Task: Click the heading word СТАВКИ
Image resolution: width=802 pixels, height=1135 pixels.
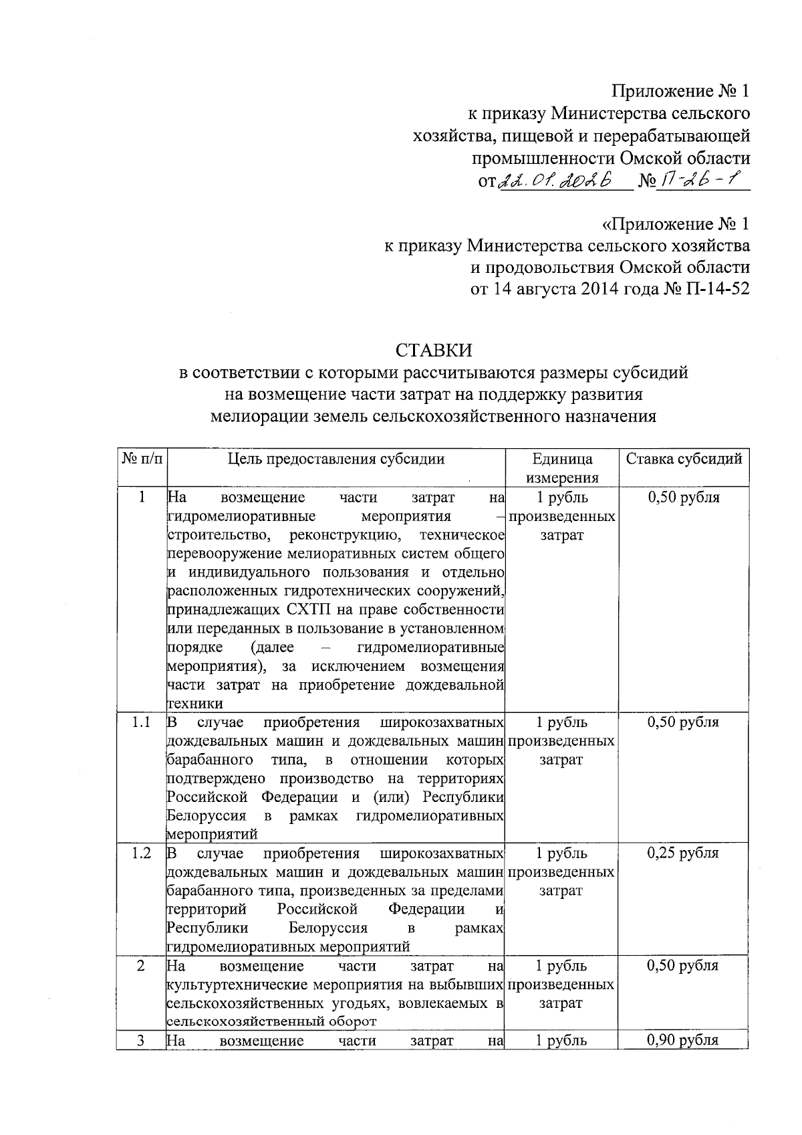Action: pyautogui.click(x=433, y=350)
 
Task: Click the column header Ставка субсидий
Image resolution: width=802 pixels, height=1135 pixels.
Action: pyautogui.click(x=684, y=459)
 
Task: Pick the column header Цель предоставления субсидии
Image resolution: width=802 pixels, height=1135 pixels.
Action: pyautogui.click(x=336, y=459)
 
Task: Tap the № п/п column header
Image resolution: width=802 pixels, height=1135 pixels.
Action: pyautogui.click(x=141, y=459)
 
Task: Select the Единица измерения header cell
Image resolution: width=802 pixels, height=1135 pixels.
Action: pyautogui.click(x=561, y=468)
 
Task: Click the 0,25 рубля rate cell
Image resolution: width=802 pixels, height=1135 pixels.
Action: pyautogui.click(x=683, y=853)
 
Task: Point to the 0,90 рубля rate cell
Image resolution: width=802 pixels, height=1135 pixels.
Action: pyautogui.click(x=683, y=1040)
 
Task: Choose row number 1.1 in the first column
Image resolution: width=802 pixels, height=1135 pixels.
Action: pyautogui.click(x=141, y=722)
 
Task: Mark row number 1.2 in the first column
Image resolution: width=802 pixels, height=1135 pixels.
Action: pyautogui.click(x=141, y=853)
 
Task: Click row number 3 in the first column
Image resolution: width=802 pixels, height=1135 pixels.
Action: pyautogui.click(x=141, y=1040)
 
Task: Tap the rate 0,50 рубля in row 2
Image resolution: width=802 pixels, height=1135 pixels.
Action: pyautogui.click(x=683, y=966)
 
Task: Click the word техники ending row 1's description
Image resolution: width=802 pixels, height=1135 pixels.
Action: pyautogui.click(x=194, y=704)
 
